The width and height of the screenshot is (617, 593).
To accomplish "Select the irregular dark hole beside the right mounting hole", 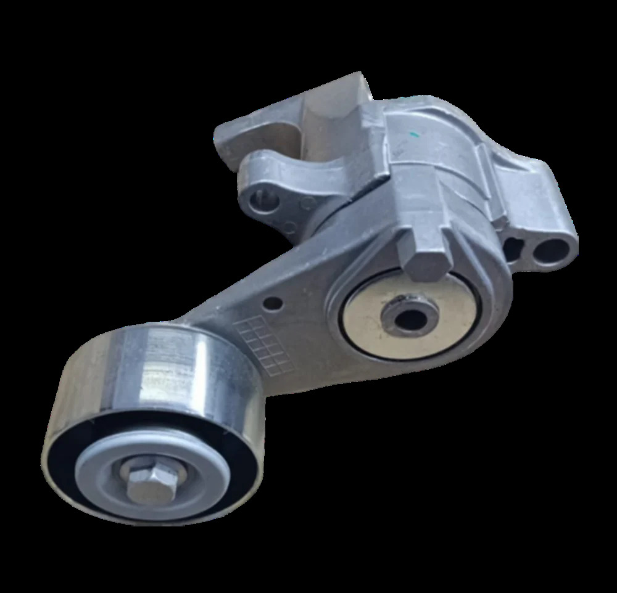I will pyautogui.click(x=513, y=248).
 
